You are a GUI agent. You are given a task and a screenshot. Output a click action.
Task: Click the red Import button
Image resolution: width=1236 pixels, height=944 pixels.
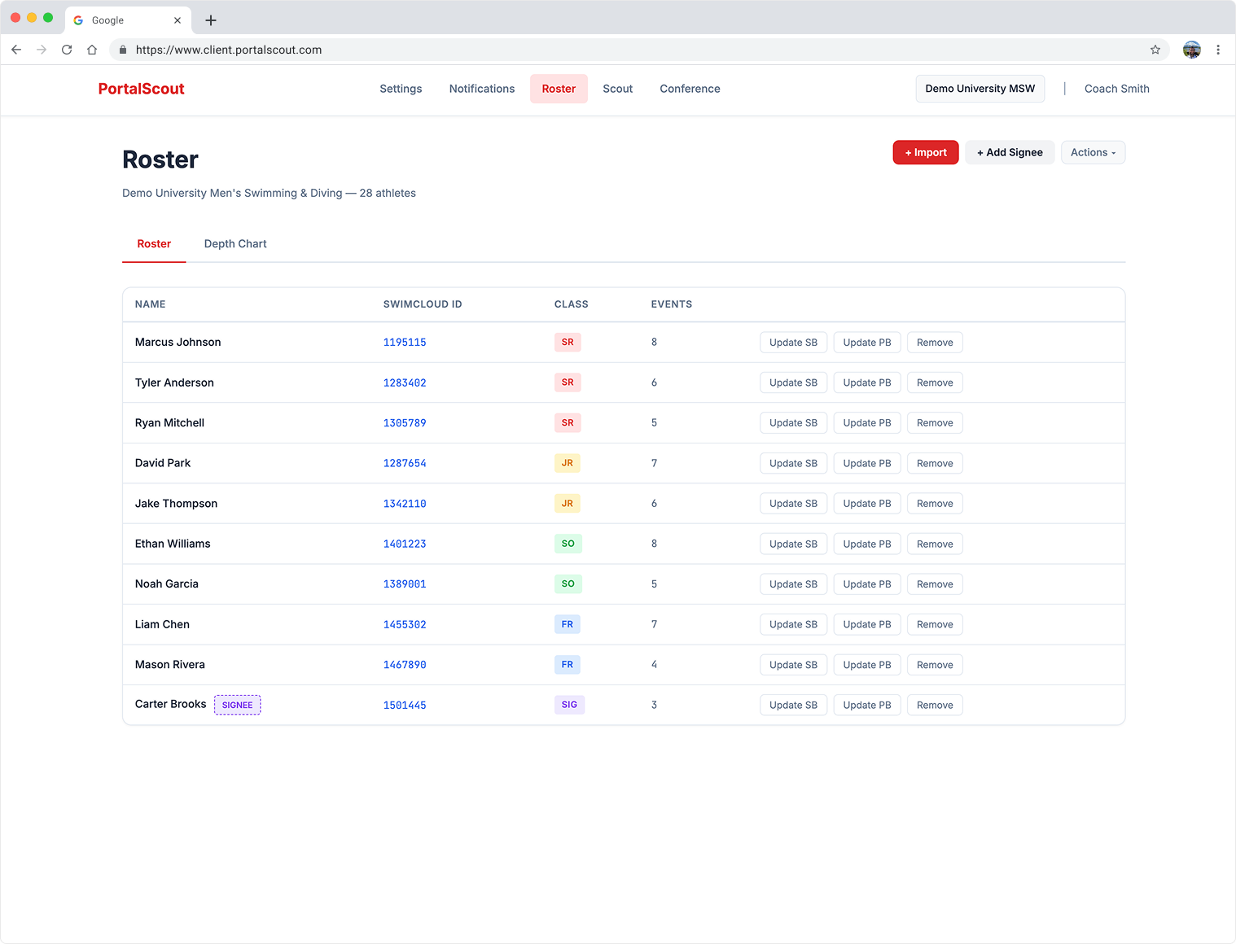pyautogui.click(x=925, y=152)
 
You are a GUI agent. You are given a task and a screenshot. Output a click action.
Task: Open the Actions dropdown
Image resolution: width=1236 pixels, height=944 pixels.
pyautogui.click(x=1093, y=152)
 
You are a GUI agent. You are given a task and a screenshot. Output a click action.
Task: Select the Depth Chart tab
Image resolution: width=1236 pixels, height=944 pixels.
pyautogui.click(x=235, y=244)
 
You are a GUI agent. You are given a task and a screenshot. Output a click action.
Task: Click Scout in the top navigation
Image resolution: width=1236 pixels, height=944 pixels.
pyautogui.click(x=617, y=89)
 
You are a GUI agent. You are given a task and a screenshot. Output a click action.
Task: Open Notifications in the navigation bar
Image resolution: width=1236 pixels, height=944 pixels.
pyautogui.click(x=481, y=89)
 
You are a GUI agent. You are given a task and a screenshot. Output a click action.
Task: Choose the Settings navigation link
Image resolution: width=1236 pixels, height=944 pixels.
pyautogui.click(x=401, y=89)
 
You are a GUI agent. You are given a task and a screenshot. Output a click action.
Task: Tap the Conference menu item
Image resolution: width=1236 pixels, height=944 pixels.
pyautogui.click(x=690, y=89)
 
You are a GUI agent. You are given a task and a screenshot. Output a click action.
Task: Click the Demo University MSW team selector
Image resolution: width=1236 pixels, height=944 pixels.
pyautogui.click(x=980, y=89)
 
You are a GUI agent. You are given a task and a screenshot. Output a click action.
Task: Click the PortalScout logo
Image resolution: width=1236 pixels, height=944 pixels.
pyautogui.click(x=141, y=89)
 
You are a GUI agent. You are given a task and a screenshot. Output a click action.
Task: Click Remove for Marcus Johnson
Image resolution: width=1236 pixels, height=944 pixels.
pyautogui.click(x=934, y=343)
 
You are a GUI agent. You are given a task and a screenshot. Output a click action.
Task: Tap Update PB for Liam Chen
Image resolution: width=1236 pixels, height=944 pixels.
pyautogui.click(x=866, y=624)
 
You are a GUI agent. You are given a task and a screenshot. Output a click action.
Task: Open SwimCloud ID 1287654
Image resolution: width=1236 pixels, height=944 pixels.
pyautogui.click(x=405, y=463)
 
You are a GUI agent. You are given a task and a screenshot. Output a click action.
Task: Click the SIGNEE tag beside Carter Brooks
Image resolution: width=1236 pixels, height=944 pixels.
pyautogui.click(x=237, y=705)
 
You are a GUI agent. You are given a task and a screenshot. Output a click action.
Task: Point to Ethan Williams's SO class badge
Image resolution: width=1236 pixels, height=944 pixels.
pyautogui.click(x=568, y=544)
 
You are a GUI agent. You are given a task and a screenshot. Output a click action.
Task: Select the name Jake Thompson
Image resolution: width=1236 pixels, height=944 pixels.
pyautogui.click(x=176, y=504)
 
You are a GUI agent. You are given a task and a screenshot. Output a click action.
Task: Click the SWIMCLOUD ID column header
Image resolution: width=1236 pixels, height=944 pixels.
pyautogui.click(x=422, y=304)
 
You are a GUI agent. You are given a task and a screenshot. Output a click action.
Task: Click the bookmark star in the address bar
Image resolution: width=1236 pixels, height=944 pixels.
pyautogui.click(x=1155, y=50)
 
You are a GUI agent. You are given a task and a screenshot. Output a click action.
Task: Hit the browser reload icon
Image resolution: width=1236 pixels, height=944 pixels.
pyautogui.click(x=67, y=50)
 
